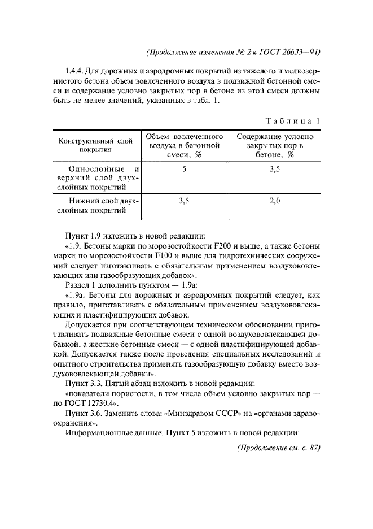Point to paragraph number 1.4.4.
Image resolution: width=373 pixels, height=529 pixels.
pyautogui.click(x=74, y=71)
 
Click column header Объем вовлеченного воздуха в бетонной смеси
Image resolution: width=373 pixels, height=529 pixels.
pyautogui.click(x=185, y=145)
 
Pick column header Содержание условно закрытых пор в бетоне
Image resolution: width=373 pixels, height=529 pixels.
pyautogui.click(x=275, y=145)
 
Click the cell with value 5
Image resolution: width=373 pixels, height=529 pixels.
pyautogui.click(x=185, y=168)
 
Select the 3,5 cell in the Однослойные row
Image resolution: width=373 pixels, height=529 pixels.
pyautogui.click(x=275, y=168)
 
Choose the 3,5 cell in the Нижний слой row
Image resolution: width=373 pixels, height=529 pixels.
pyautogui.click(x=185, y=201)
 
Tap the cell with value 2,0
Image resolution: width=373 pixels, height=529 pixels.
pyautogui.click(x=275, y=201)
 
